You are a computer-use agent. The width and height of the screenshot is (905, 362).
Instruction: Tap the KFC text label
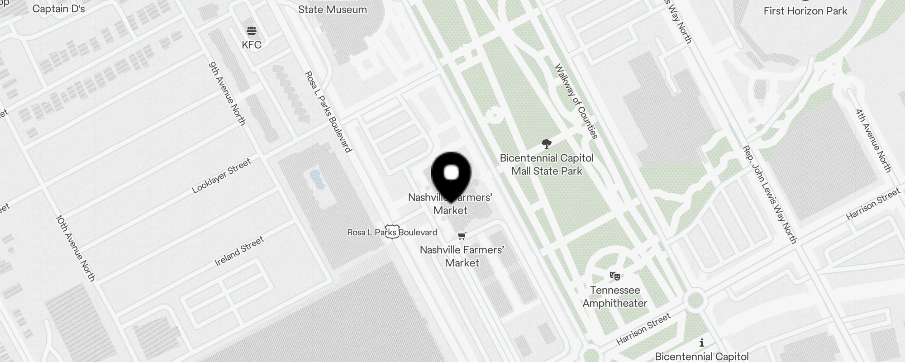(252, 45)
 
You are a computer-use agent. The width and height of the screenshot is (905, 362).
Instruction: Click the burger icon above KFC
(252, 31)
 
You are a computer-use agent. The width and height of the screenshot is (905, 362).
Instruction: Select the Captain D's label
(59, 9)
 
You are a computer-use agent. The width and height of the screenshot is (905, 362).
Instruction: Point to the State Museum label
(332, 9)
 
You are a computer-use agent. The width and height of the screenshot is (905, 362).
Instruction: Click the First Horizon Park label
(805, 11)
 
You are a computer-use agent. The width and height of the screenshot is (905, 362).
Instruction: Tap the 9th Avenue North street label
(227, 93)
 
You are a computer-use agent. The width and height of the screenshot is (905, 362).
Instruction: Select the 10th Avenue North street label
(76, 248)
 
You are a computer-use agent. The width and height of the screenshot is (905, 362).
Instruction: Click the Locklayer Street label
(221, 176)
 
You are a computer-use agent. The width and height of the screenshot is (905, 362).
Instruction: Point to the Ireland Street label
(239, 251)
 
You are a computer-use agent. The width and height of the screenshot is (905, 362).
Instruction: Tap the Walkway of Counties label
(576, 101)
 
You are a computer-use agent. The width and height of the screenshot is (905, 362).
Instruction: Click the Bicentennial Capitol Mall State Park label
(547, 164)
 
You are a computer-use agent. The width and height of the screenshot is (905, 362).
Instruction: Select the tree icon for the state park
(547, 144)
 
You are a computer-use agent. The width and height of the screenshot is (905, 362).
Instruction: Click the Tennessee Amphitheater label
(614, 296)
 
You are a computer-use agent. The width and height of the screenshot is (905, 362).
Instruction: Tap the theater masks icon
(614, 276)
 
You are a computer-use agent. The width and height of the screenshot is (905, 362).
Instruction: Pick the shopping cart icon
(462, 236)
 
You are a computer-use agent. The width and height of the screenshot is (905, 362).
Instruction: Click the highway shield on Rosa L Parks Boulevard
(392, 232)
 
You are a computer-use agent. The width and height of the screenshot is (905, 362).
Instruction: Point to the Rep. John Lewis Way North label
(769, 195)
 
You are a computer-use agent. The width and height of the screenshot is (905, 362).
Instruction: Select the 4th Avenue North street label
(873, 140)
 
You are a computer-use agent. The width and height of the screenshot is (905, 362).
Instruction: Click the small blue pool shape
(317, 179)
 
